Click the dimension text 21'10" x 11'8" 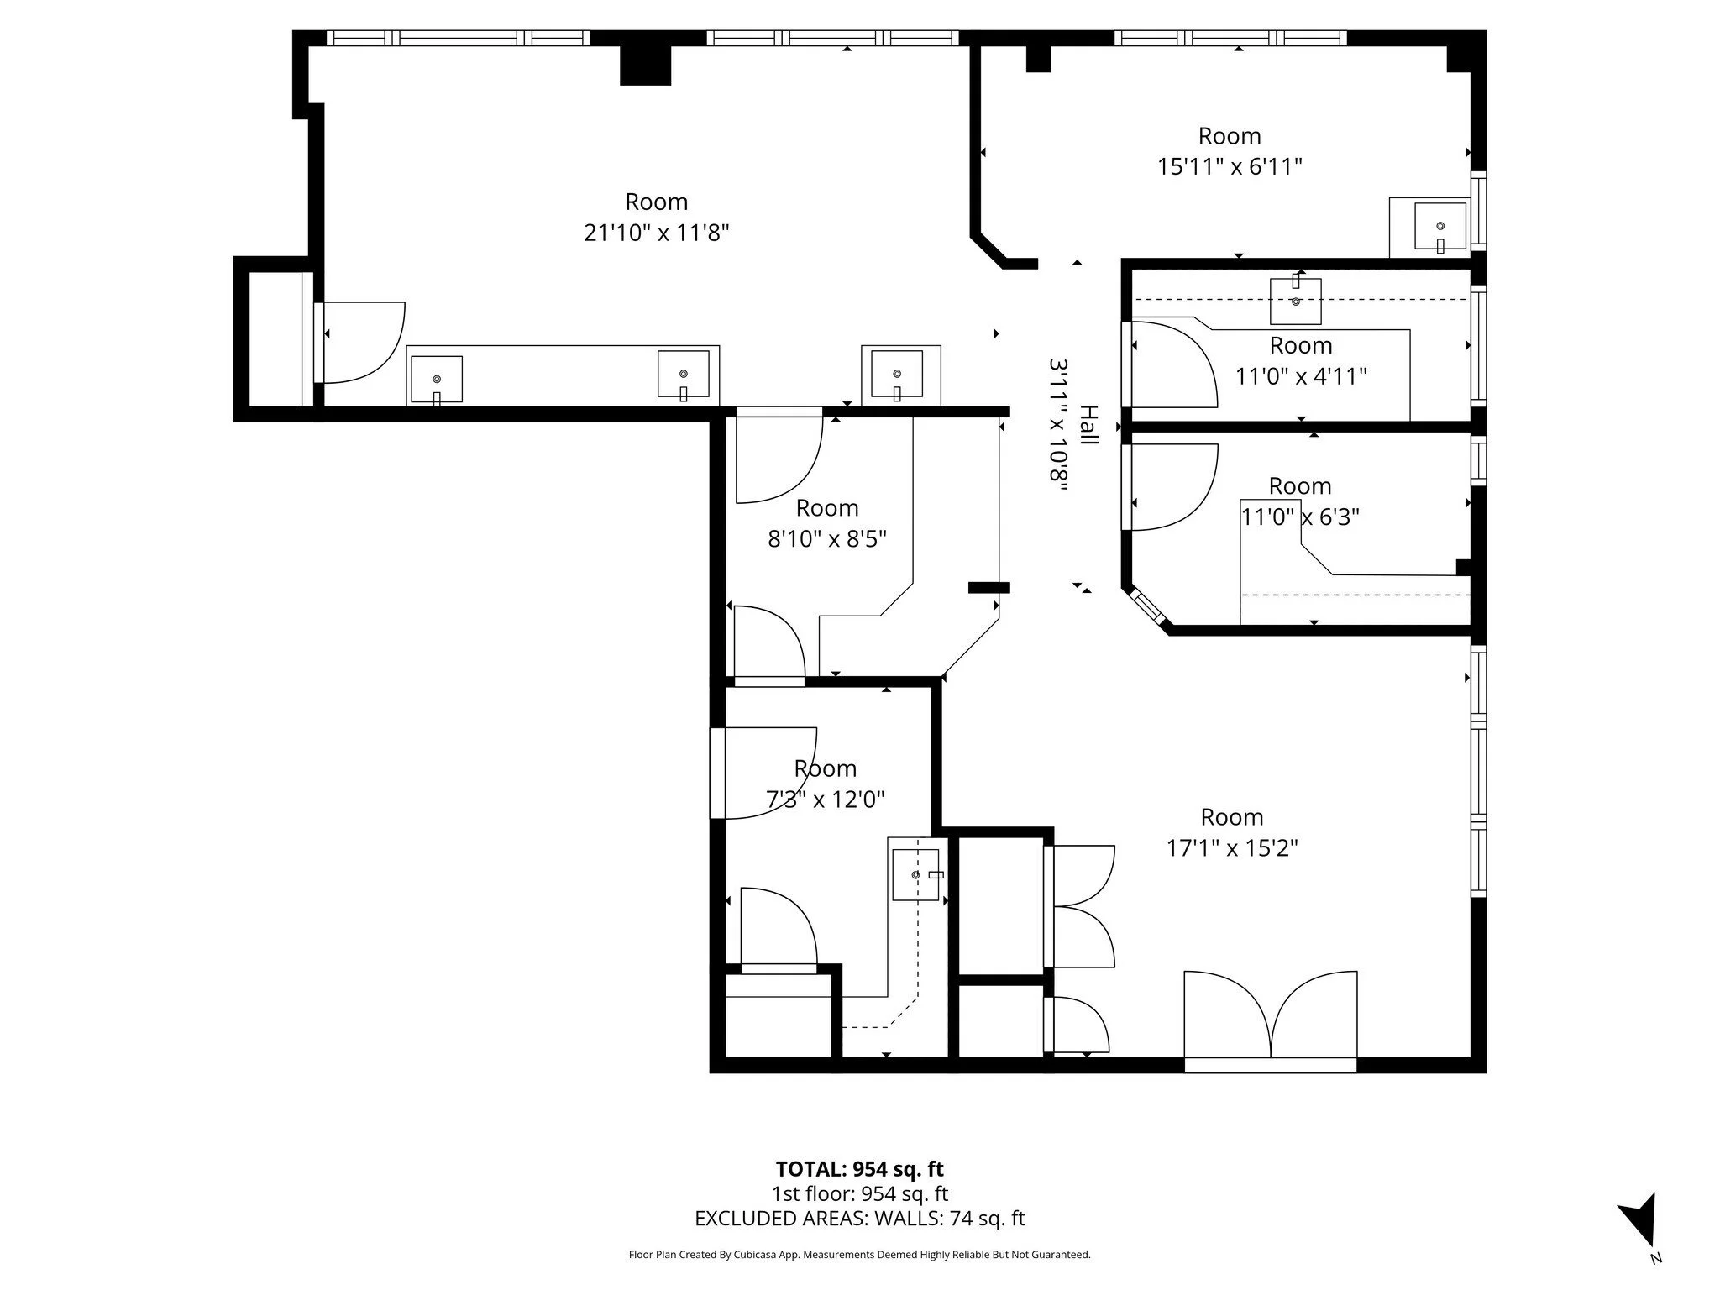[x=656, y=233]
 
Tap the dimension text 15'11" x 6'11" [x=1230, y=166]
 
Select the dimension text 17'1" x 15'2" [x=1232, y=848]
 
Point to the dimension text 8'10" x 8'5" [x=827, y=538]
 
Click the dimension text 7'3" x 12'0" [x=826, y=799]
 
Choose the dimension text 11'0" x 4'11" [x=1301, y=375]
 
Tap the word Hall [x=1088, y=425]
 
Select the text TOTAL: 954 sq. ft [x=859, y=1169]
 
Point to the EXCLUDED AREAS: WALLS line [x=860, y=1219]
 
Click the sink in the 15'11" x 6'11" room [x=1440, y=227]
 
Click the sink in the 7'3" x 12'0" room [x=915, y=874]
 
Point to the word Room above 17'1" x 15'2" [x=1232, y=817]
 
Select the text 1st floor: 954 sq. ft [x=859, y=1193]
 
